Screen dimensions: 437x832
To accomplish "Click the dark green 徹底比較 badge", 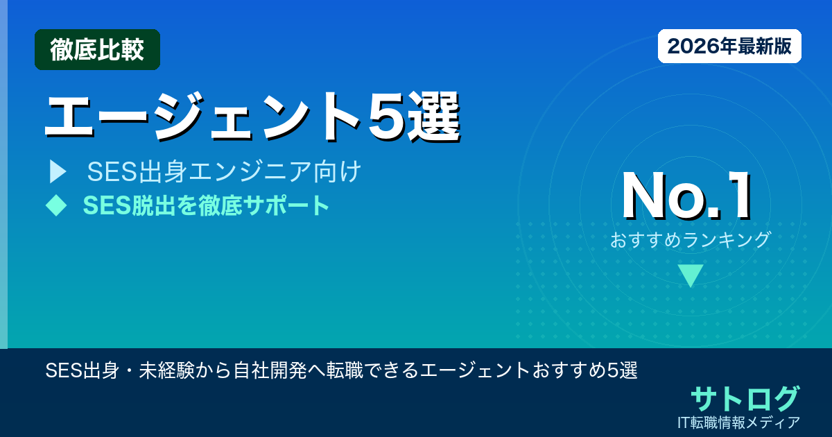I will pyautogui.click(x=97, y=50).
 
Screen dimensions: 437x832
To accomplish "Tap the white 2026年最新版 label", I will pyautogui.click(x=729, y=46).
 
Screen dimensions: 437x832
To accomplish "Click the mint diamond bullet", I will pyautogui.click(x=55, y=205).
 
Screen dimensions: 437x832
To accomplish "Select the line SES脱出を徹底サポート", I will pyautogui.click(x=206, y=205).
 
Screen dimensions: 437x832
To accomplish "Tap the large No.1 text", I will pyautogui.click(x=686, y=196).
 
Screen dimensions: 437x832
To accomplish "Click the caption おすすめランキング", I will pyautogui.click(x=691, y=240).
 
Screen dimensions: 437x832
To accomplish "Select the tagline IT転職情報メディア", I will pyautogui.click(x=740, y=422).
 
